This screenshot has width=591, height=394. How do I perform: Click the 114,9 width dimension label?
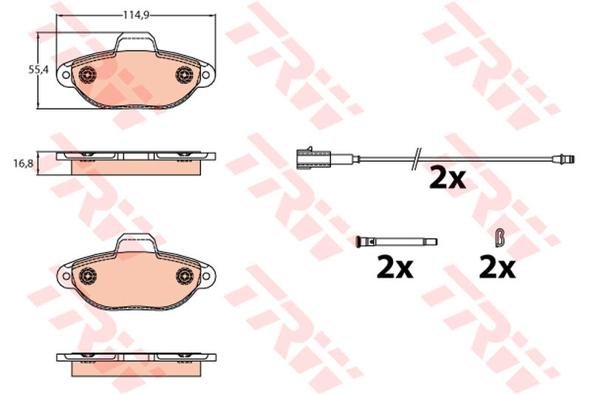[137, 15]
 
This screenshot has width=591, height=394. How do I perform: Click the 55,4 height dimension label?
[39, 69]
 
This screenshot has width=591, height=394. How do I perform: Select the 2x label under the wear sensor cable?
[448, 179]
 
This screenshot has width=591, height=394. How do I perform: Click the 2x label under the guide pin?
[395, 268]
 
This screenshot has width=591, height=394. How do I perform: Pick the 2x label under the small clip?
[496, 268]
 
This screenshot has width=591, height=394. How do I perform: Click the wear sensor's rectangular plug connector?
[313, 157]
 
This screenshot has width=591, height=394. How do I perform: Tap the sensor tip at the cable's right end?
[564, 159]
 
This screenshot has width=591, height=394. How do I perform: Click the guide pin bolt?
[397, 241]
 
